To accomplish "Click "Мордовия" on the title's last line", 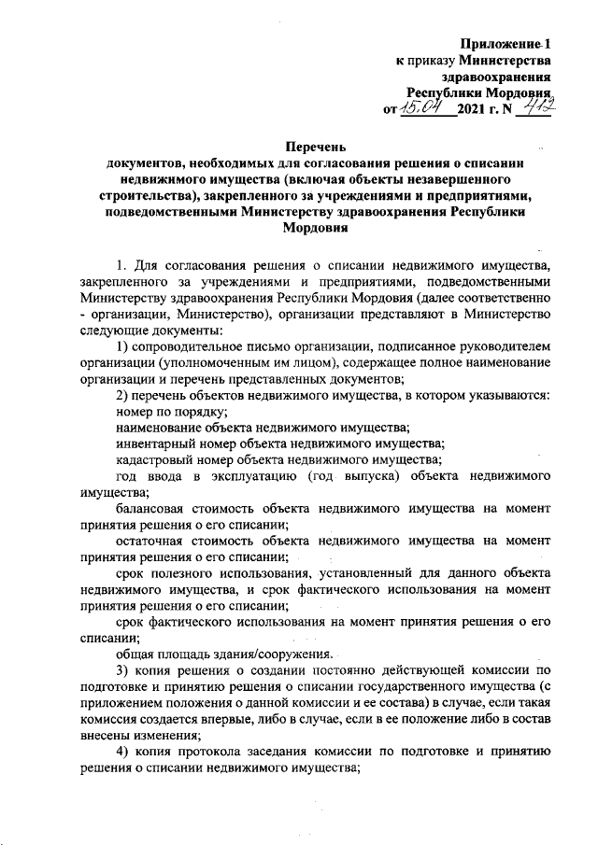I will tap(316, 228).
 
